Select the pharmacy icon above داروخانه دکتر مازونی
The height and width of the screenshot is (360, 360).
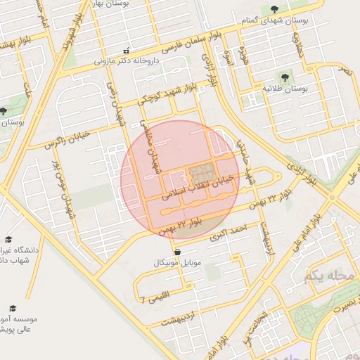pyautogui.click(x=126, y=51)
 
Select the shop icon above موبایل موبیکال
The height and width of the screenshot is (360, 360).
pyautogui.click(x=176, y=251)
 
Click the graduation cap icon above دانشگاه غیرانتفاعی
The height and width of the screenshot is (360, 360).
pyautogui.click(x=8, y=239)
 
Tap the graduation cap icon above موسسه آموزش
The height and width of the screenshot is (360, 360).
pyautogui.click(x=12, y=308)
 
